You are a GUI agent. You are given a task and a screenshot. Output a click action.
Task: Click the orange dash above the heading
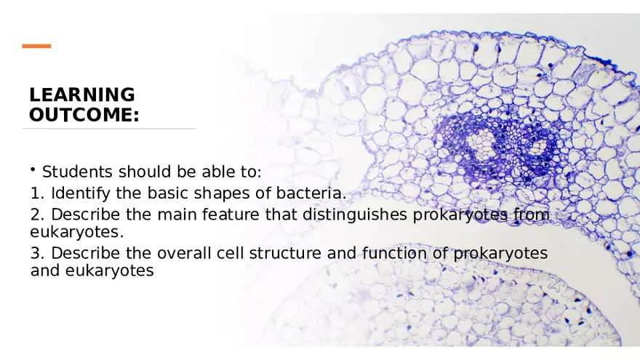pos(36,47)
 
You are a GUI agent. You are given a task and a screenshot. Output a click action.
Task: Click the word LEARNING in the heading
pos(81,95)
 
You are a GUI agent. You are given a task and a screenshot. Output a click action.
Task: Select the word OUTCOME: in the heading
pos(84,115)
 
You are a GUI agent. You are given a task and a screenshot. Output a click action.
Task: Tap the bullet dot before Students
pos(33,169)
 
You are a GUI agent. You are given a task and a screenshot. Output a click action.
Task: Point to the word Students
pos(78,172)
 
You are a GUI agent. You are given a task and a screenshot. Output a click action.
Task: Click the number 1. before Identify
pos(38,193)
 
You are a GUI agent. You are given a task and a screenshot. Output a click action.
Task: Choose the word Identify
pos(79,193)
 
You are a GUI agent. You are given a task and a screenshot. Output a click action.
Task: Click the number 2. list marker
pos(38,215)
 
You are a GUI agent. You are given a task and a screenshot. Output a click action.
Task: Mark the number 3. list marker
pos(38,253)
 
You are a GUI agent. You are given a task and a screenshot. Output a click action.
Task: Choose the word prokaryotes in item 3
pos(500,254)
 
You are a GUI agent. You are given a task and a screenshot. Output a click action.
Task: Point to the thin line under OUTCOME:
pos(109,129)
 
